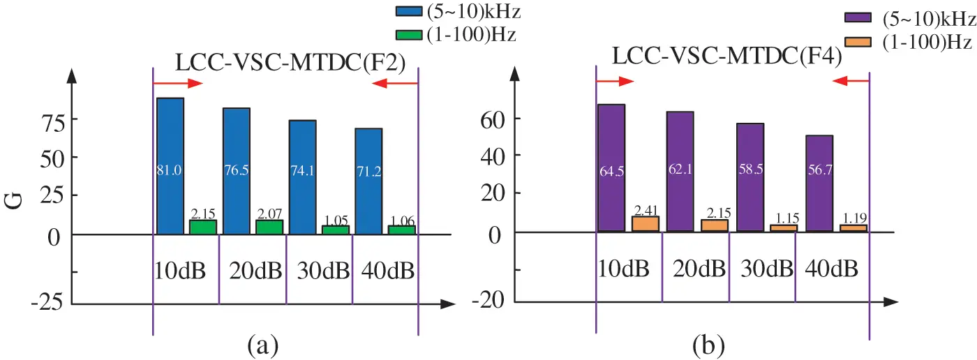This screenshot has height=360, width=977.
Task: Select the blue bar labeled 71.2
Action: (x=368, y=181)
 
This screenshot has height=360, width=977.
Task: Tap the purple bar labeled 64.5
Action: (x=611, y=167)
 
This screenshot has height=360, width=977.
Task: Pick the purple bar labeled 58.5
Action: (x=750, y=177)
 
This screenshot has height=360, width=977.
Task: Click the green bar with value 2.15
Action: (x=203, y=227)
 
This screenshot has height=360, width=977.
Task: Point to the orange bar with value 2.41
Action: (x=646, y=224)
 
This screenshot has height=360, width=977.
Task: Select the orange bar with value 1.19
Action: (x=853, y=228)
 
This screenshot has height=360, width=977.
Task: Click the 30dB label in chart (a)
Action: (x=319, y=270)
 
